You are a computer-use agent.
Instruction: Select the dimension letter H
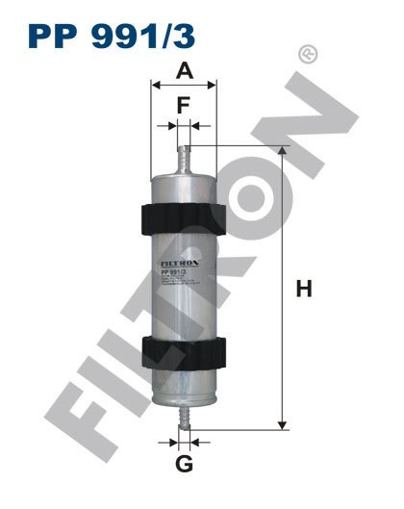point(304,287)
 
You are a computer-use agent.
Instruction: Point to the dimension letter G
point(185,466)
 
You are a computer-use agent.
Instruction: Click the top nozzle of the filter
point(185,156)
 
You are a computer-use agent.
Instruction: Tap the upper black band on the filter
point(185,218)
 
